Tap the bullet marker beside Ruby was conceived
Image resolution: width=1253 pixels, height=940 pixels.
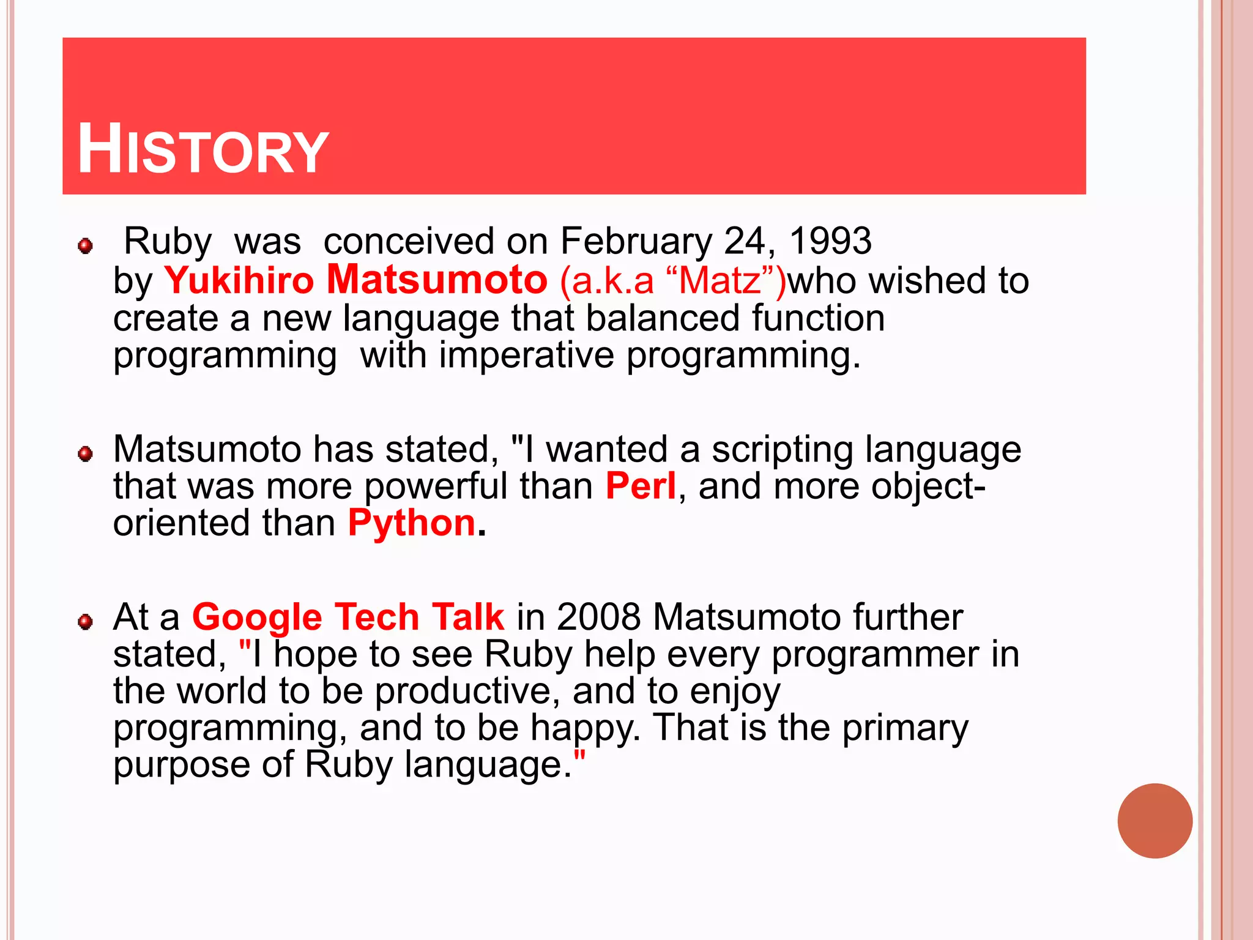pos(86,246)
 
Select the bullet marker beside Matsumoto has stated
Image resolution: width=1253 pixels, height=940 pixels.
pos(86,454)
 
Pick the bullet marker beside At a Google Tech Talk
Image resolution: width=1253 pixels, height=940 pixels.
pos(86,622)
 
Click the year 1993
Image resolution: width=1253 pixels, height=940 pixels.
pos(830,241)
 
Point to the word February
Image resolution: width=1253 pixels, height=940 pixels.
pos(636,241)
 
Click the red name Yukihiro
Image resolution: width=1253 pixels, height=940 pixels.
pos(239,280)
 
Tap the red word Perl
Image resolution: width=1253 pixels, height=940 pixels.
pos(641,486)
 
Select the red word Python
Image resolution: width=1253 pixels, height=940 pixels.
pos(412,524)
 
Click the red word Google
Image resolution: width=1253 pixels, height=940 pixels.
pos(257,617)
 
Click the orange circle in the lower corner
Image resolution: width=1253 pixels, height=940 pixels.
pos(1154,821)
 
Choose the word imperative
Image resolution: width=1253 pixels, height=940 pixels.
pos(526,355)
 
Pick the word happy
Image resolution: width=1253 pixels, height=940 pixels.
pos(584,728)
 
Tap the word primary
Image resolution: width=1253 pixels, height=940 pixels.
pos(905,728)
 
